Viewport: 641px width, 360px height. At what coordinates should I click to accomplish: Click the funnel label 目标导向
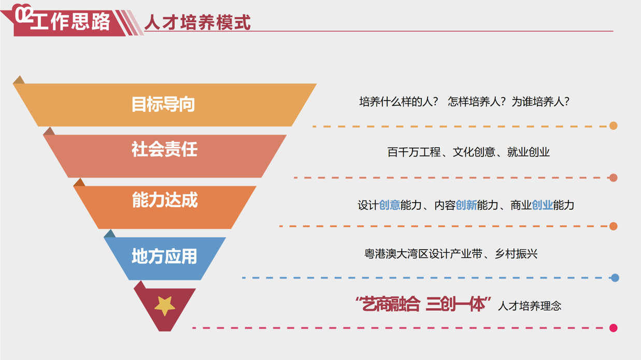pos(163,104)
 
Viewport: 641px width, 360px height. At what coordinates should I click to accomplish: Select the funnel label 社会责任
pos(164,149)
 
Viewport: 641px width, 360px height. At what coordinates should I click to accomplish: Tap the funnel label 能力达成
pos(165,199)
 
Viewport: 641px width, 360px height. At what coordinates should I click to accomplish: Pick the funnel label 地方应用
pos(164,256)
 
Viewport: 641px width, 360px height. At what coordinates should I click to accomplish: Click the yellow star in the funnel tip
pos(165,306)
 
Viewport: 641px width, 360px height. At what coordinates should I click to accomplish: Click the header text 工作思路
pos(70,21)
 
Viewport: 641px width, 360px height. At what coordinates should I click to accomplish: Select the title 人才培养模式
pos(197,22)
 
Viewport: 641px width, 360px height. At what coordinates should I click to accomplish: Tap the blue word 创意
pos(390,205)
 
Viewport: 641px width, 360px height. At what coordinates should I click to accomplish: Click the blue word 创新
pos(466,205)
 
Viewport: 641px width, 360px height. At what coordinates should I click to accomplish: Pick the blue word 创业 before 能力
pos(542,205)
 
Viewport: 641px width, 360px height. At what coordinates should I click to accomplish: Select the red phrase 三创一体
pos(455,304)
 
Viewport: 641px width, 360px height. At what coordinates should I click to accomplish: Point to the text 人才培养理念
pos(530,306)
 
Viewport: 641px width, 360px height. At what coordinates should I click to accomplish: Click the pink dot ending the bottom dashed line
pos(613,328)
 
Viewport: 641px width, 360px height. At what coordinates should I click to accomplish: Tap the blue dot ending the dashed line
pos(615,278)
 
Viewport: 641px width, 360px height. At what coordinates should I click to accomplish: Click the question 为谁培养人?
pos(540,102)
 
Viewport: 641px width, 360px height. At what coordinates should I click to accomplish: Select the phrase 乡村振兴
pos(516,254)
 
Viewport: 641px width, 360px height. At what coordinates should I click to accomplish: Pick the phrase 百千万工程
pos(414,152)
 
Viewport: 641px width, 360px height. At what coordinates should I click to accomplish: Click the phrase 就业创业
pos(528,152)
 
